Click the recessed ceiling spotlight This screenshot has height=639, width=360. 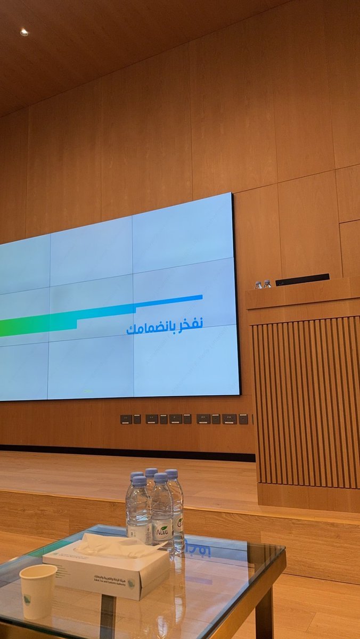click(24, 32)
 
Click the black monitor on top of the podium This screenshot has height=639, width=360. click(302, 279)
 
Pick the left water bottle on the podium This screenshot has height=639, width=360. click(258, 285)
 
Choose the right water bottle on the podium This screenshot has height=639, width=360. click(267, 284)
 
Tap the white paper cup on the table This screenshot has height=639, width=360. click(38, 591)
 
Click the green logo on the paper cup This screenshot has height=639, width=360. click(27, 600)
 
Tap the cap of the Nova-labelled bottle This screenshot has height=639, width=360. click(161, 478)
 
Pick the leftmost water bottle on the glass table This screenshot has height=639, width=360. click(138, 509)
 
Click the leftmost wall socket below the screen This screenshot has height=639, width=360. click(126, 419)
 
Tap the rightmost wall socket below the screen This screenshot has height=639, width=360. click(243, 419)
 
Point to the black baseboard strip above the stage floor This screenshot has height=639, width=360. click(128, 450)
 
